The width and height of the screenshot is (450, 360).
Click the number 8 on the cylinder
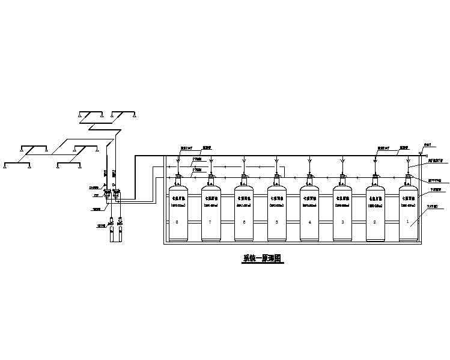[x=177, y=222]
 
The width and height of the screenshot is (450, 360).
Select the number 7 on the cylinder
[x=210, y=222]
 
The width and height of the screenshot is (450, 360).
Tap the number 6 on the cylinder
[x=243, y=222]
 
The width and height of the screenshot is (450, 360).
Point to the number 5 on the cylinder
[x=276, y=222]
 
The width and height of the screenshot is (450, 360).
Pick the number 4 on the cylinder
[x=309, y=222]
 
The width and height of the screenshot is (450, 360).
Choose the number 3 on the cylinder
[x=342, y=222]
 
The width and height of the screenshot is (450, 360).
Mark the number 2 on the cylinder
[x=376, y=222]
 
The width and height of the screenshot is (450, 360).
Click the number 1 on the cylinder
[x=409, y=222]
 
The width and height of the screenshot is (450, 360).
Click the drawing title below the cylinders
[x=261, y=259]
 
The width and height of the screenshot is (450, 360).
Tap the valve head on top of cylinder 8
[x=178, y=178]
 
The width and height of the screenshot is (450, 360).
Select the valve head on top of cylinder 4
[x=310, y=178]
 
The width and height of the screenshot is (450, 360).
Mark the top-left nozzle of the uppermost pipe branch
[x=81, y=115]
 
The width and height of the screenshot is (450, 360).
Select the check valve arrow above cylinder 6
[x=243, y=162]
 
